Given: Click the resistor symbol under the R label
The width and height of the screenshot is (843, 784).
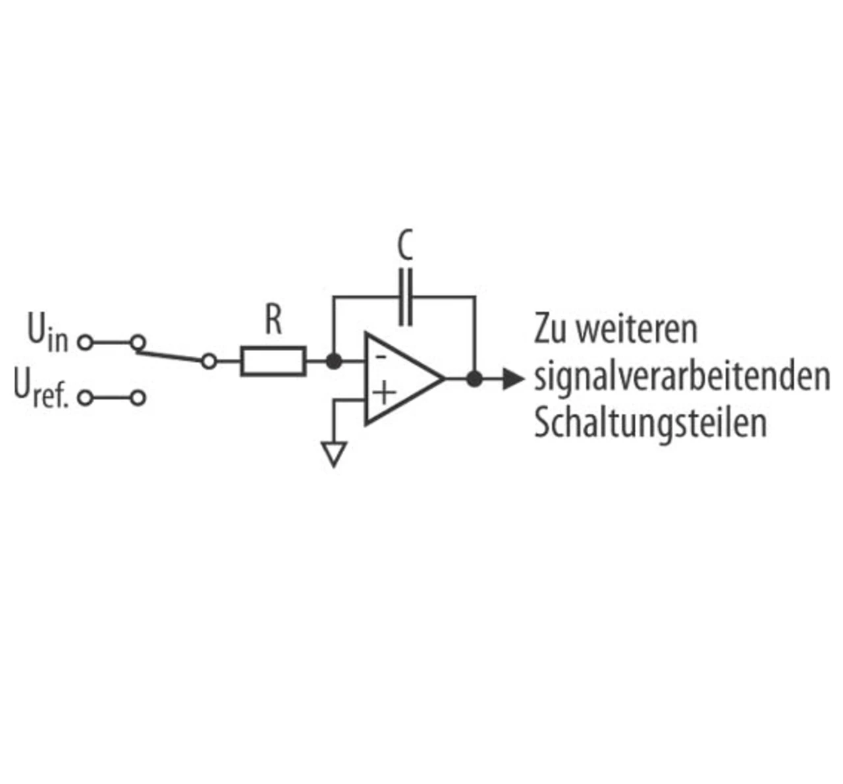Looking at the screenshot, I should click(x=273, y=361).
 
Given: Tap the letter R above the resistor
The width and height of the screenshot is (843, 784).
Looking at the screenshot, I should click(x=274, y=321).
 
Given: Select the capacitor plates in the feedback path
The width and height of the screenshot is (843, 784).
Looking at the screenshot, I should click(x=406, y=296).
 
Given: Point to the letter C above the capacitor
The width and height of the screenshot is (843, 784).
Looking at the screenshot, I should click(x=406, y=246).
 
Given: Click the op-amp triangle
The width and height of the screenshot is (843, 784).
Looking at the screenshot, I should click(x=402, y=379).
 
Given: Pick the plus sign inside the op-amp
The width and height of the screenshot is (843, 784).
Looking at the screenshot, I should click(x=383, y=393).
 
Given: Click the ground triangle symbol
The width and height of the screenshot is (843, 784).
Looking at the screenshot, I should click(x=334, y=454).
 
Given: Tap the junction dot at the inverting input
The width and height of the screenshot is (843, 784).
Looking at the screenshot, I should click(x=334, y=361).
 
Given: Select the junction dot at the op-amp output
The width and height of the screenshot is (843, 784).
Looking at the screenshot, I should click(x=474, y=379).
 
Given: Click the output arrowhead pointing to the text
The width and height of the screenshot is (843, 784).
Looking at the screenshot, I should click(x=512, y=379).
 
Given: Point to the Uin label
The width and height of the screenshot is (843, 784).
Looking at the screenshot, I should click(x=47, y=333).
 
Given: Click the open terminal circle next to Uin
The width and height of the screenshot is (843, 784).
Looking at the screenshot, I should click(x=85, y=343).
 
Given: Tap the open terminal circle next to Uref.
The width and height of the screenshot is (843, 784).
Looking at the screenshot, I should click(x=85, y=398).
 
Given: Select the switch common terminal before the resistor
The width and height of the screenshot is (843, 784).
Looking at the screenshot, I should click(x=209, y=361).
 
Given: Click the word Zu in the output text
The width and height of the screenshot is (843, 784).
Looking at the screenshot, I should click(x=551, y=329).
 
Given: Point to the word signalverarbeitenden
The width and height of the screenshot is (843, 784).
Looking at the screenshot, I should click(x=682, y=377).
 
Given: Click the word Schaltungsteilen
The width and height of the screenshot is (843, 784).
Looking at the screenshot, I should click(x=650, y=424).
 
